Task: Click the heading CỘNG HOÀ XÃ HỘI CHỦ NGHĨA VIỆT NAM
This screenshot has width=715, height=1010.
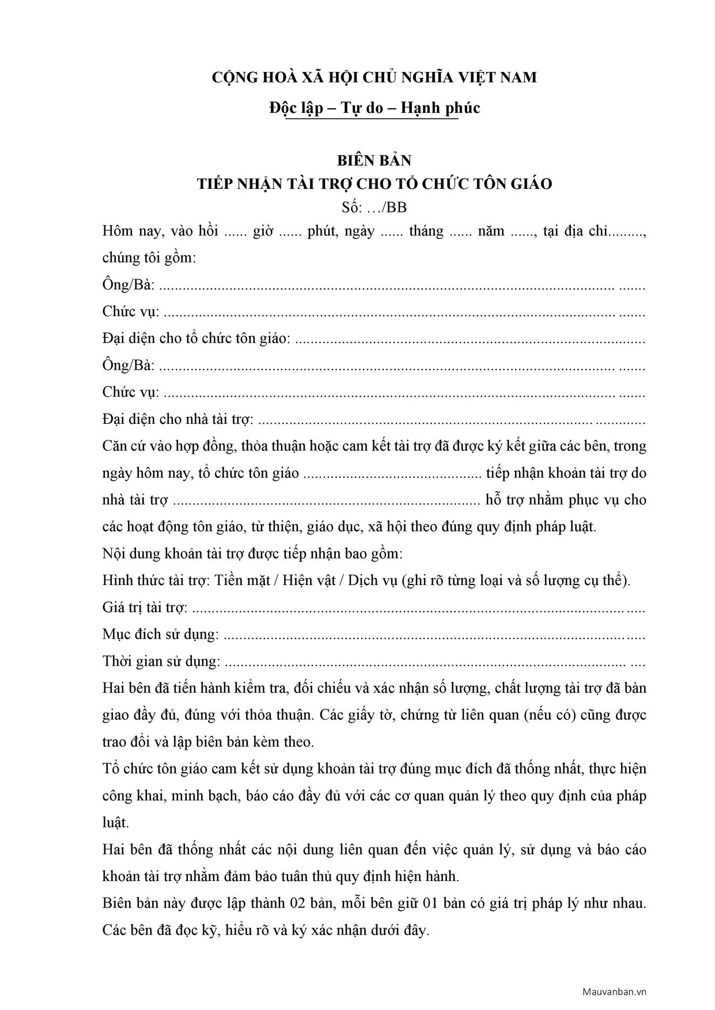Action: [x=374, y=77]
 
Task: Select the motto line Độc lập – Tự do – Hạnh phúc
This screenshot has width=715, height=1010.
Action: [x=374, y=108]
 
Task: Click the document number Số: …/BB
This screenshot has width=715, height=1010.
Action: [x=374, y=207]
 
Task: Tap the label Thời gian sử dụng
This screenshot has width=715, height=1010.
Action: [x=161, y=661]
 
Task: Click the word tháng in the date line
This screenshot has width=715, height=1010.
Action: [x=426, y=231]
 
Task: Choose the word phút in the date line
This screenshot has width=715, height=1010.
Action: [x=324, y=231]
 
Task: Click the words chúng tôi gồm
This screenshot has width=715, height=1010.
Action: [x=149, y=257]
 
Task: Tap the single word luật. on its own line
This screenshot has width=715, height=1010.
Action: [x=116, y=822]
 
